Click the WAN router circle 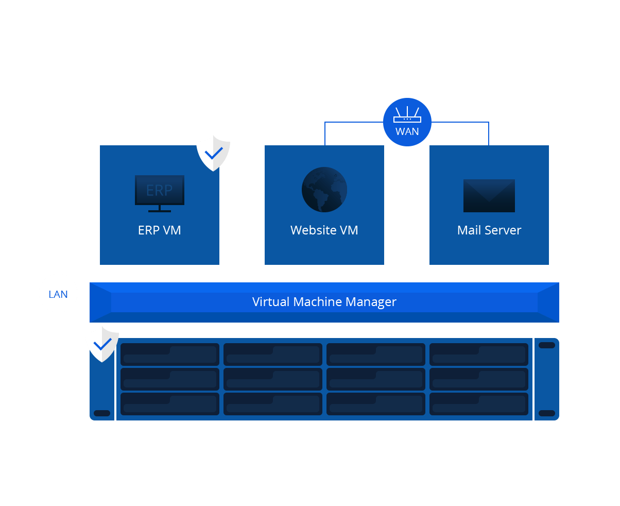tap(407, 122)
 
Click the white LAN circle tap(58, 294)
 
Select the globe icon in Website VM tap(324, 190)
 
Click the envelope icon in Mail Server tap(489, 196)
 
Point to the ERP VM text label tap(160, 230)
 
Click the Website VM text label tap(324, 230)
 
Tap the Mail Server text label tap(489, 230)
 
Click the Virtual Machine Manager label tap(324, 302)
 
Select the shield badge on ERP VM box tap(213, 153)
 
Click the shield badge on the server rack tap(102, 344)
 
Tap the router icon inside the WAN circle tap(407, 115)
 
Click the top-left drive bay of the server tap(170, 355)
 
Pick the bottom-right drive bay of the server tap(479, 404)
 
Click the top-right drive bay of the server tap(479, 355)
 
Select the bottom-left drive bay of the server tap(170, 404)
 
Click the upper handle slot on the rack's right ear tap(547, 345)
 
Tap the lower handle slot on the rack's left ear tap(102, 413)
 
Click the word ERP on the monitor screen tap(160, 190)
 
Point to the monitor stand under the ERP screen tap(160, 209)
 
